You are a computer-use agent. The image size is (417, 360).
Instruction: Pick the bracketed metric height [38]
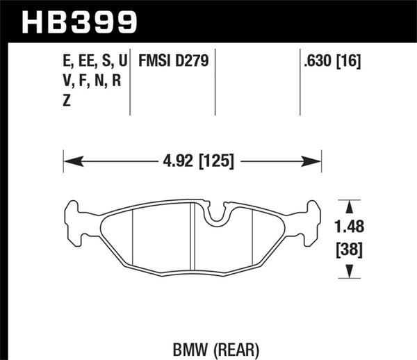[350, 247]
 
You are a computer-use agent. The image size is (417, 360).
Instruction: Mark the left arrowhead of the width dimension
[69, 162]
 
